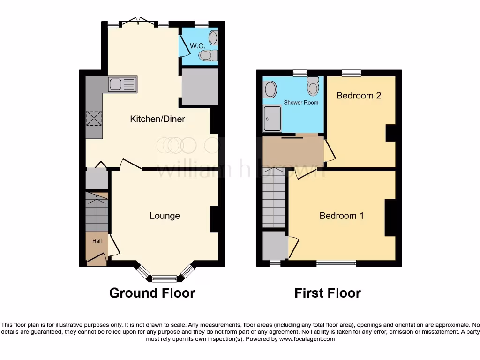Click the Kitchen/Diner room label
click(x=157, y=119)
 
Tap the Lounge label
click(x=165, y=216)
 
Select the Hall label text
click(x=97, y=241)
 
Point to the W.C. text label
click(x=195, y=46)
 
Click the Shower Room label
click(x=301, y=102)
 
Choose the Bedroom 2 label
click(x=359, y=95)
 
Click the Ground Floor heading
click(x=152, y=293)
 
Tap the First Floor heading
click(x=327, y=293)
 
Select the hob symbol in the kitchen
click(x=94, y=118)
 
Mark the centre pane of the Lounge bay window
click(x=165, y=279)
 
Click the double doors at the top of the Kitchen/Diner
click(x=139, y=22)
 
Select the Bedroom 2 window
click(x=351, y=73)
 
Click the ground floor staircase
click(x=97, y=211)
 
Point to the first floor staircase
click(x=274, y=199)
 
